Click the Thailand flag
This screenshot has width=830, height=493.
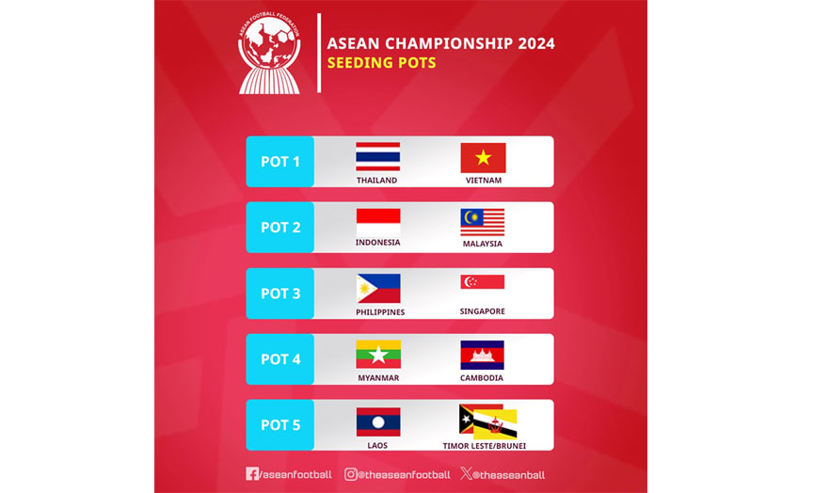377,156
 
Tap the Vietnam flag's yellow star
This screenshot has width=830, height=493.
483,157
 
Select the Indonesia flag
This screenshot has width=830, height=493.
377,222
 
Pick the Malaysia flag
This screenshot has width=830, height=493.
482,222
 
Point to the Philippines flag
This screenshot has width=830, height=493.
377,288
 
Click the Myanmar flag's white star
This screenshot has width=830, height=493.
377,355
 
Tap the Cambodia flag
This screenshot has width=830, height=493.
482,354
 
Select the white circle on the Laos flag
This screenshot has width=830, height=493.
377,421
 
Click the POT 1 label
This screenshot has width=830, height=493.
280,162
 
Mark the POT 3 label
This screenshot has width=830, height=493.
280,294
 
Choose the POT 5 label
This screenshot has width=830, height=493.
280,425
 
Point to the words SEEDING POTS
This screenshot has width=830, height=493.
381,64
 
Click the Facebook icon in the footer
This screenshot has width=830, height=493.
251,474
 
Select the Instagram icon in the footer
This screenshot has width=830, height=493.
350,474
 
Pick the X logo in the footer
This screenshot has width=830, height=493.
467,474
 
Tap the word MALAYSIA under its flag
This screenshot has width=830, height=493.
482,244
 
